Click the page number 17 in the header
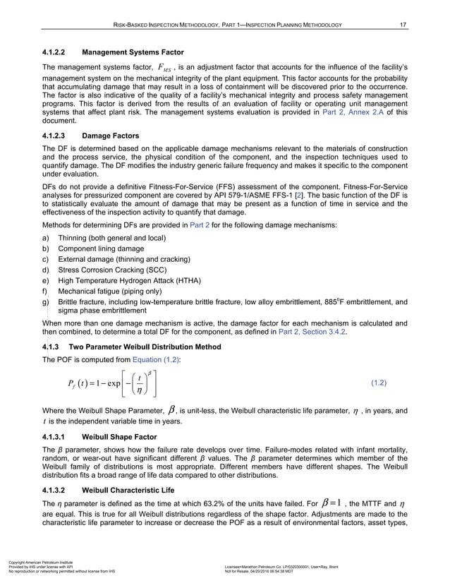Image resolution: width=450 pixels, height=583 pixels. click(x=402, y=26)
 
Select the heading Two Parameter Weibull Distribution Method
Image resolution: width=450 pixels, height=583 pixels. click(x=145, y=347)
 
